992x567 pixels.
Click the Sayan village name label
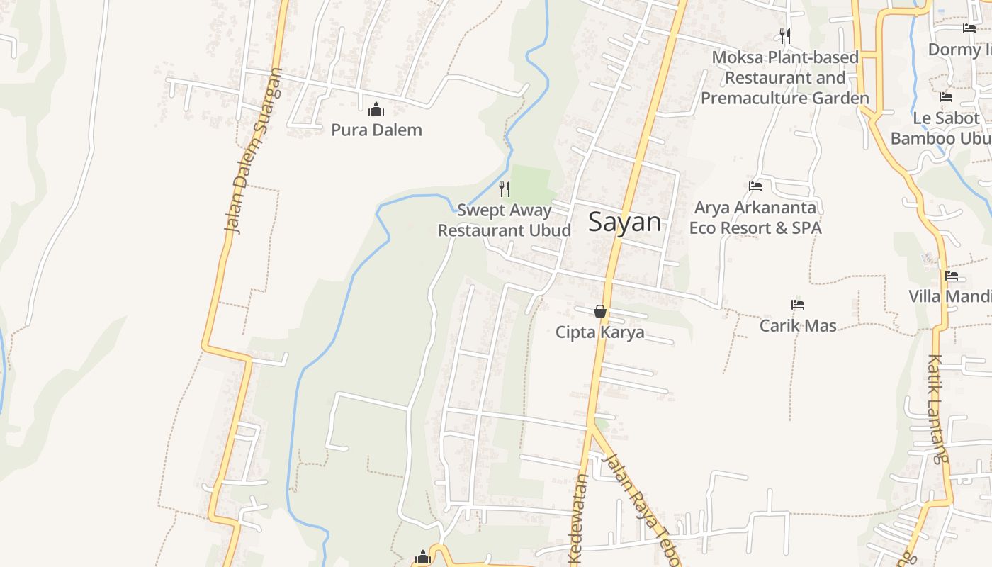[x=624, y=223]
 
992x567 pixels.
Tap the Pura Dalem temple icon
[x=376, y=109]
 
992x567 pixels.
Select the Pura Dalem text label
[x=376, y=130]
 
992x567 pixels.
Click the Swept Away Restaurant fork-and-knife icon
[x=504, y=189]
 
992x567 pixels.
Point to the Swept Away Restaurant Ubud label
[x=504, y=220]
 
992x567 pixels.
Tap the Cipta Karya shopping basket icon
[x=599, y=311]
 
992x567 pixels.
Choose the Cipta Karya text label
[x=599, y=332]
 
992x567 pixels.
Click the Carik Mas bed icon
[x=798, y=305]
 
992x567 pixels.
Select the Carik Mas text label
[x=798, y=326]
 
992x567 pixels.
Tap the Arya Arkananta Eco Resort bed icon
[x=755, y=186]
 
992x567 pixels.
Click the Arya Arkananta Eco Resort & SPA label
[x=755, y=218]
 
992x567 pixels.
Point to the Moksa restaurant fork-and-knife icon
[x=784, y=35]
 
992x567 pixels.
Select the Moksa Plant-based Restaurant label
[x=785, y=77]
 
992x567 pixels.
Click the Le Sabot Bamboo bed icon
[x=946, y=97]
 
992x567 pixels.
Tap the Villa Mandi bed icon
[x=952, y=275]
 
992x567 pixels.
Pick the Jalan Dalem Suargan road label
[x=252, y=150]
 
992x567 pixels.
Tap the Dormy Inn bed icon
[x=969, y=28]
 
